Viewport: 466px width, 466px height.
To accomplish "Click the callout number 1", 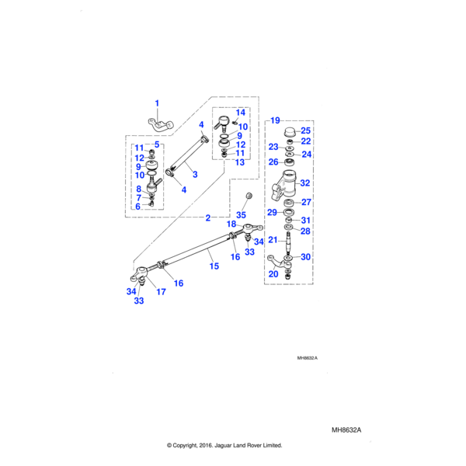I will [156, 103].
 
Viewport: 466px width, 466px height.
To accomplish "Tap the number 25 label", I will [305, 130].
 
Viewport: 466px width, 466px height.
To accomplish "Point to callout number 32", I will [305, 183].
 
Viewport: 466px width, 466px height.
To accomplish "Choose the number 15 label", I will [214, 266].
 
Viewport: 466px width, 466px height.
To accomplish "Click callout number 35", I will [241, 214].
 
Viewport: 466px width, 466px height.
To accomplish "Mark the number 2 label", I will [207, 217].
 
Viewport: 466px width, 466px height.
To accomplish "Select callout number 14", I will [240, 113].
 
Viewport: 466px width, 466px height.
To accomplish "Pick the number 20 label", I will [273, 273].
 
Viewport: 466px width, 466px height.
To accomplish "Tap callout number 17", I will [162, 292].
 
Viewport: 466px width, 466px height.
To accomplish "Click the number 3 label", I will [195, 175].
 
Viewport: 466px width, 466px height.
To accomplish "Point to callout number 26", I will [273, 162].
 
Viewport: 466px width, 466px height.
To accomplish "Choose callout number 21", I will [273, 239].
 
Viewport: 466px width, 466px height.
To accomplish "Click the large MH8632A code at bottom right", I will [347, 429].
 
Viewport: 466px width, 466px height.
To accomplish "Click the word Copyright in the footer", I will [191, 445].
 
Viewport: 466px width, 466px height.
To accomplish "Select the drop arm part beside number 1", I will [162, 123].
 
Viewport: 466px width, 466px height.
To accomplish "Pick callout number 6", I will [137, 207].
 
